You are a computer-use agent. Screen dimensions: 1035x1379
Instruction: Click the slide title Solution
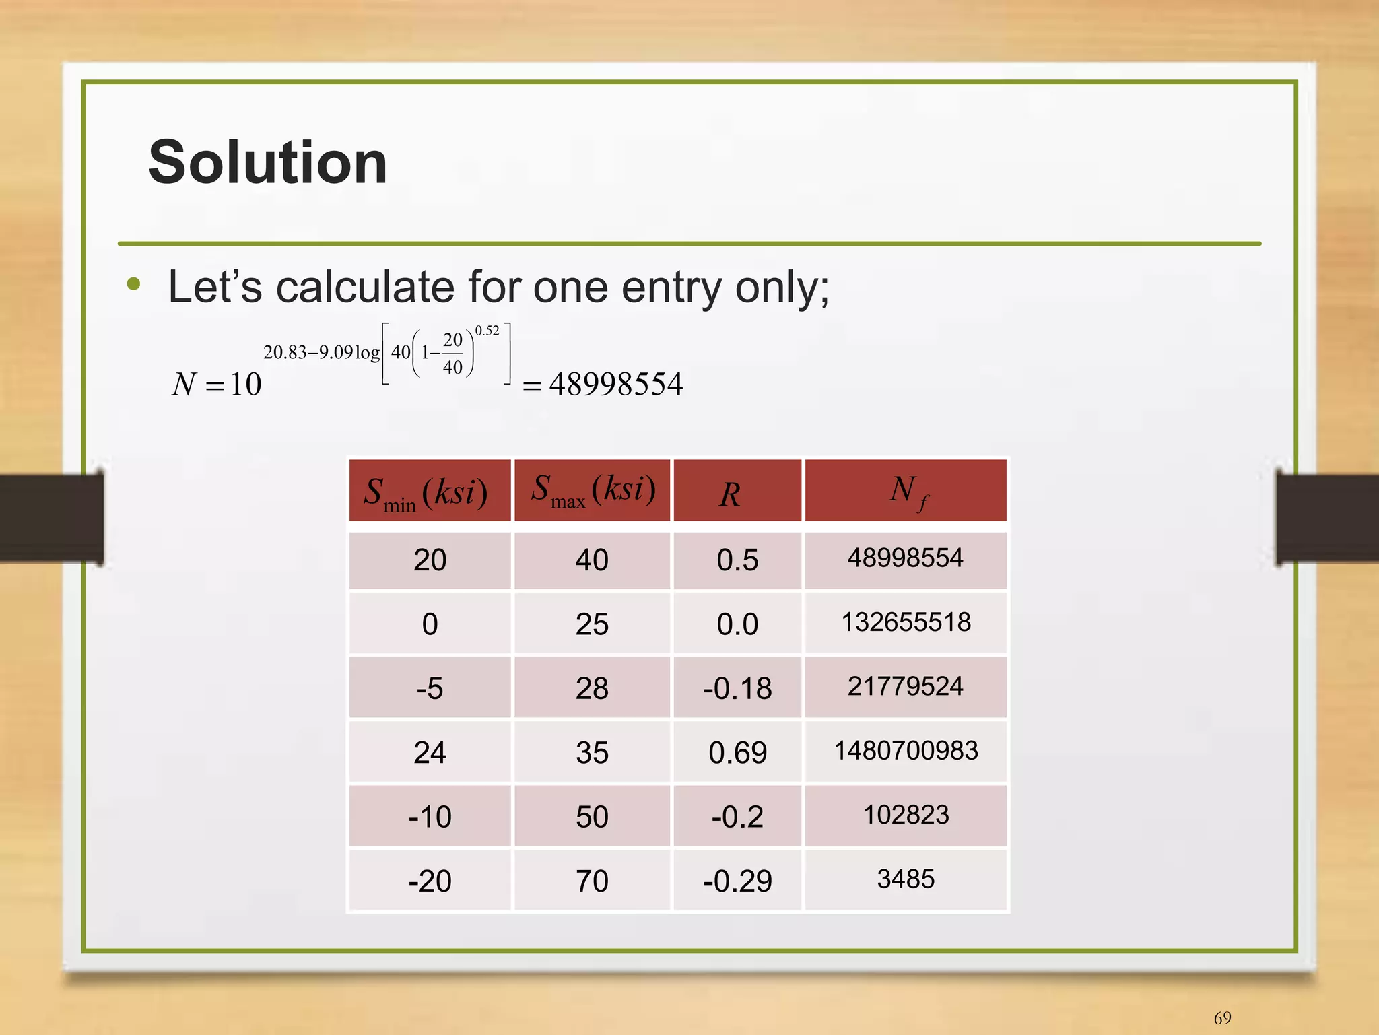click(267, 162)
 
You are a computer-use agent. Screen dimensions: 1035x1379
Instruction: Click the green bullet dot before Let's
click(134, 284)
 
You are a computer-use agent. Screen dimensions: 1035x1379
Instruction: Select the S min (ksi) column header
click(429, 491)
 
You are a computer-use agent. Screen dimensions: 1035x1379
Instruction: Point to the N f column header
click(906, 491)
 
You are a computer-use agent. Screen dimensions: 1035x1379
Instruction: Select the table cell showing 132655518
click(906, 622)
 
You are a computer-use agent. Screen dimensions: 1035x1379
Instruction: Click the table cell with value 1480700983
click(906, 751)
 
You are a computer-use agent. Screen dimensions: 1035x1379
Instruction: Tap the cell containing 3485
click(906, 879)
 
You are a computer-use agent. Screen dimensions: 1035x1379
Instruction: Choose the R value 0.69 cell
click(737, 752)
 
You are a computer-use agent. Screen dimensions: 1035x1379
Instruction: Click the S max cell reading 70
click(592, 881)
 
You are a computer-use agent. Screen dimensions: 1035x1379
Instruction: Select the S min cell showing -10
click(430, 817)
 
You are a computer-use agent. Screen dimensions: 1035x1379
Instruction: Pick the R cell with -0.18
click(737, 688)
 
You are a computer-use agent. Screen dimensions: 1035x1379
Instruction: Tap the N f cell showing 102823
click(906, 815)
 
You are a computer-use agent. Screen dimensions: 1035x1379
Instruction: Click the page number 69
click(1222, 1017)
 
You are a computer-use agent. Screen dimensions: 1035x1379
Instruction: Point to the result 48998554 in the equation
click(616, 385)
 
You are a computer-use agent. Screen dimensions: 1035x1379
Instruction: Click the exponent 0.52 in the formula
click(487, 331)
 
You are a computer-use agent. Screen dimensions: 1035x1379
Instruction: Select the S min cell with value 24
click(430, 752)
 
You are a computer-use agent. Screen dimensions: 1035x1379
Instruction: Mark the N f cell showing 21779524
click(906, 686)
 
